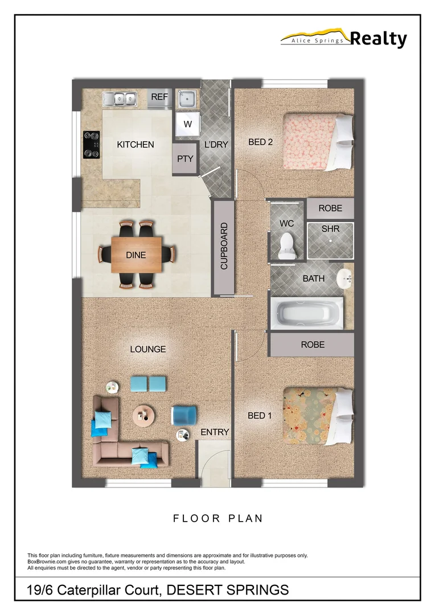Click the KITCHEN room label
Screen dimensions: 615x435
coord(136,145)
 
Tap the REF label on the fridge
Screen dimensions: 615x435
coord(159,98)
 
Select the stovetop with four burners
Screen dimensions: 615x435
coord(92,144)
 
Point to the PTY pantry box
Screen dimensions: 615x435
coord(185,159)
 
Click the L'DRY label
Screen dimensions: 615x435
coord(216,145)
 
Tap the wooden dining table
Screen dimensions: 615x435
coord(136,254)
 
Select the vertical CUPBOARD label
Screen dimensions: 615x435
coord(224,247)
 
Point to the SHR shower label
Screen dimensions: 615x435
coord(330,228)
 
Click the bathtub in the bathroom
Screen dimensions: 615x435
coord(307,313)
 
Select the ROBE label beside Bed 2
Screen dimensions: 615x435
coord(330,208)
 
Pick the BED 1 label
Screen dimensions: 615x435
coord(260,416)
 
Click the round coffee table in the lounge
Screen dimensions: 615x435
coord(143,415)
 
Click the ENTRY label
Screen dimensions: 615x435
coord(215,432)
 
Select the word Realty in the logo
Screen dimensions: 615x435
coord(378,39)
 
